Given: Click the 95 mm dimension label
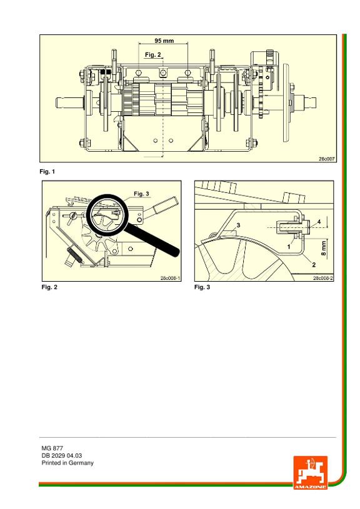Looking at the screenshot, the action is pyautogui.click(x=164, y=41).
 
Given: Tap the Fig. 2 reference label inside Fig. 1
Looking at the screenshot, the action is pyautogui.click(x=152, y=55).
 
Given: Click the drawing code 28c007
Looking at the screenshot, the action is pyautogui.click(x=326, y=159).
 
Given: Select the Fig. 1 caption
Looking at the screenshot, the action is pyautogui.click(x=47, y=171).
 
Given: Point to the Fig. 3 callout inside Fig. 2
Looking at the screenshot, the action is pyautogui.click(x=141, y=194).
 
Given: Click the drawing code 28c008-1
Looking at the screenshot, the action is pyautogui.click(x=170, y=278).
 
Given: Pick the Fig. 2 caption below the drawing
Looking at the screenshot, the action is pyautogui.click(x=49, y=287).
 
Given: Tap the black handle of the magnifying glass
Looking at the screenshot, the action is pyautogui.click(x=152, y=239).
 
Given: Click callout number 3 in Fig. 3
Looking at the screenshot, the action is pyautogui.click(x=238, y=225).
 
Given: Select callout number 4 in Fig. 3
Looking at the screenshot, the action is pyautogui.click(x=319, y=222).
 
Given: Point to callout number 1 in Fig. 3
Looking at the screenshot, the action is pyautogui.click(x=289, y=247).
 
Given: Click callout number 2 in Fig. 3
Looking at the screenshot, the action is pyautogui.click(x=314, y=265).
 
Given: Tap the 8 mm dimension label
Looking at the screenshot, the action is pyautogui.click(x=324, y=248).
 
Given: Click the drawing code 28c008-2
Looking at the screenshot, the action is pyautogui.click(x=323, y=278).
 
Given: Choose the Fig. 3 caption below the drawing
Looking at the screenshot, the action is pyautogui.click(x=202, y=287).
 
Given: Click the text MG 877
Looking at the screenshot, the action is pyautogui.click(x=52, y=448).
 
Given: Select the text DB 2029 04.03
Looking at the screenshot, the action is pyautogui.click(x=62, y=455).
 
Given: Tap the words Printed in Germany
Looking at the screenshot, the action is pyautogui.click(x=67, y=463).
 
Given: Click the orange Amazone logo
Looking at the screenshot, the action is pyautogui.click(x=311, y=472).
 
